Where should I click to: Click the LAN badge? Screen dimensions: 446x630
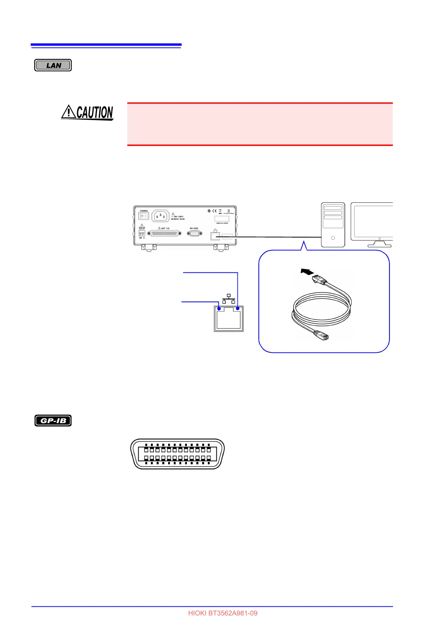click(x=53, y=65)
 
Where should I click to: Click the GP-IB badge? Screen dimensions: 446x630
click(x=53, y=420)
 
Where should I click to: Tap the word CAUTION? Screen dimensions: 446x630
click(x=95, y=112)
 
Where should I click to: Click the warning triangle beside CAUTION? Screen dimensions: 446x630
click(x=69, y=111)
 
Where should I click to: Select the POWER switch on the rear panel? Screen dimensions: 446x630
click(x=144, y=216)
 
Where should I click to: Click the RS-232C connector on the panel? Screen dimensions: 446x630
click(x=194, y=233)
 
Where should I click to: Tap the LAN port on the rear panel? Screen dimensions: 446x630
click(x=215, y=236)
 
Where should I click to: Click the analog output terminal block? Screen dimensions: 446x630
click(x=142, y=234)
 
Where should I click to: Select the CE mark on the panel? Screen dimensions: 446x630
click(x=214, y=211)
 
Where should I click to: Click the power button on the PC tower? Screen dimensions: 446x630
click(x=333, y=238)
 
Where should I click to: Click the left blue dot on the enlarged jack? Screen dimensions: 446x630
click(x=219, y=309)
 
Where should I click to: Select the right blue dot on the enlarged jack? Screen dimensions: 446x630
click(x=237, y=309)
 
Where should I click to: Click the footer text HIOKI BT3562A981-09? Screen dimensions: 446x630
click(x=223, y=613)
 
